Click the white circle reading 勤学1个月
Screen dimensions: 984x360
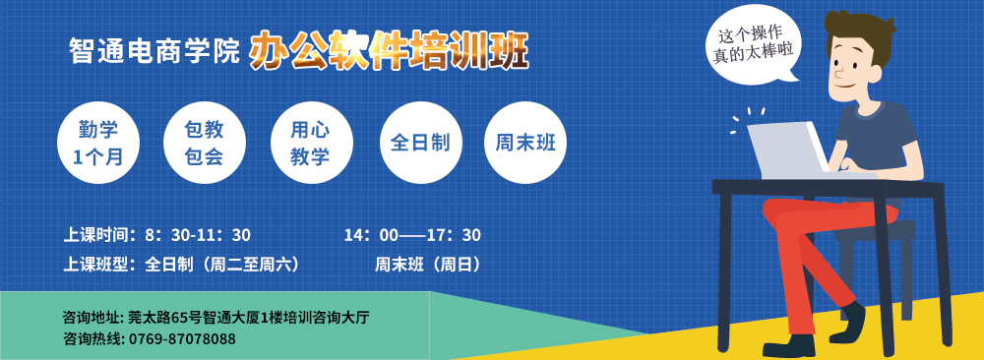tap(97, 143)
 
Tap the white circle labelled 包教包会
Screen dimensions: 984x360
tap(204, 143)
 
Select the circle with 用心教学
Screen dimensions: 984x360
tap(311, 143)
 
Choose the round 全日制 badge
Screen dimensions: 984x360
tap(420, 143)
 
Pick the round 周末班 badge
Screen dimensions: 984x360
tap(525, 143)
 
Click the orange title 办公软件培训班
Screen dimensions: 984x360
tap(389, 51)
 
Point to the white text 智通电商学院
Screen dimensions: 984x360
tap(154, 51)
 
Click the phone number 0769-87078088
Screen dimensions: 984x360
tap(183, 339)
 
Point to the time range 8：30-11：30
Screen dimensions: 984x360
tap(198, 235)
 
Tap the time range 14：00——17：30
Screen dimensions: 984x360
tap(412, 235)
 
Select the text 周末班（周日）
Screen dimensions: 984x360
tap(429, 265)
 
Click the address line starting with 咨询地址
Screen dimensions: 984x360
tap(215, 317)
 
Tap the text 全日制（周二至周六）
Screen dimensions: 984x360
tap(222, 265)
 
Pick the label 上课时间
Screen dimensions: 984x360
tap(99, 235)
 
